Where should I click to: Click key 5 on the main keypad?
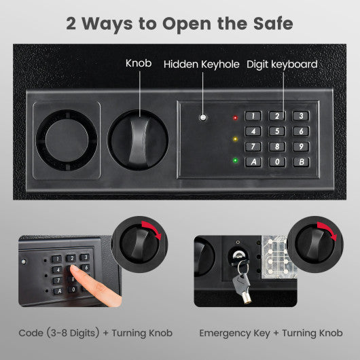(x=276, y=131)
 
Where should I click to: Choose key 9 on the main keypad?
(x=300, y=146)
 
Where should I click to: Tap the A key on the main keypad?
(x=253, y=162)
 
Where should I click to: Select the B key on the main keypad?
(x=300, y=162)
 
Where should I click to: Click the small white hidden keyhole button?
(x=202, y=119)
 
